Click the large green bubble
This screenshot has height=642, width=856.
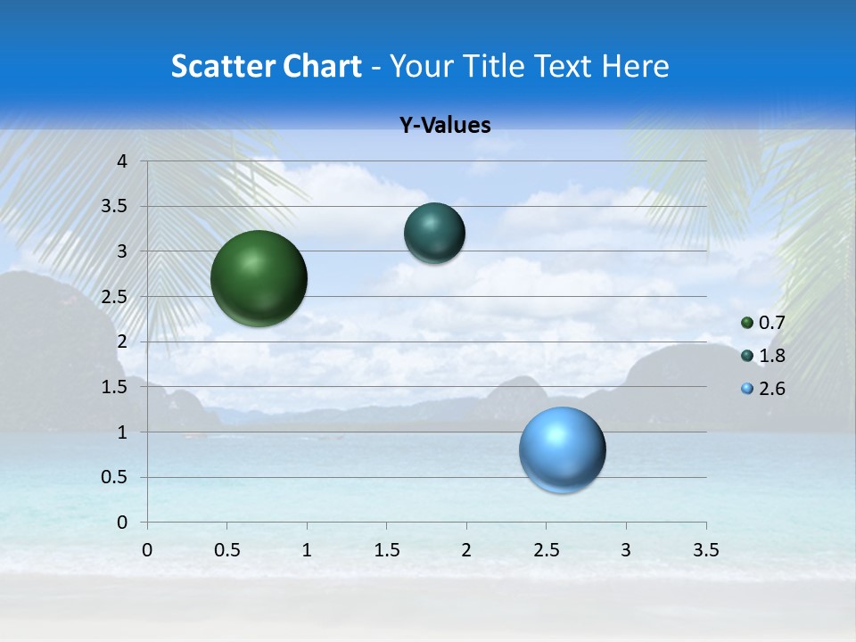click(259, 278)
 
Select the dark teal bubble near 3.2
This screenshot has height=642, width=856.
click(434, 233)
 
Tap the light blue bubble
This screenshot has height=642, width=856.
click(563, 449)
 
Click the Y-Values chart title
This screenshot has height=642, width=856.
click(445, 126)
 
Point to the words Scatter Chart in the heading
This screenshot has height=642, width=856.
click(266, 66)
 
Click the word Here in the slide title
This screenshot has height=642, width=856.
click(635, 66)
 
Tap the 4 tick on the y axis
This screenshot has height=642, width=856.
click(123, 161)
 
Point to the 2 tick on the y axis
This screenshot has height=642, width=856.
click(123, 342)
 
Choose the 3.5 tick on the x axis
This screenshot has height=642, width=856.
click(705, 550)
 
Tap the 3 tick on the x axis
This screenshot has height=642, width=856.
click(626, 550)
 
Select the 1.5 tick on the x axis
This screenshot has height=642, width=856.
click(386, 550)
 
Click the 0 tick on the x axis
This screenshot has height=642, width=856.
click(147, 550)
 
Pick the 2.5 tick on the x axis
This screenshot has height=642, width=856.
click(546, 550)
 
